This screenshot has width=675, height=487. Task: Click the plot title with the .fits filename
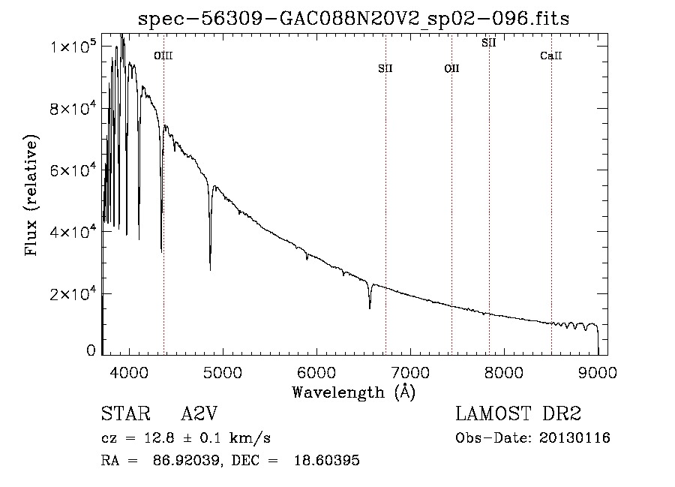coord(353,19)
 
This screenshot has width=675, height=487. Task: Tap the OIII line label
coord(163,56)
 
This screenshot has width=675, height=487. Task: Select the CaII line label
coord(551,56)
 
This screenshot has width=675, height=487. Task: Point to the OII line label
coord(452,68)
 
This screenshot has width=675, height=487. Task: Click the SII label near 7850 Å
coord(489,43)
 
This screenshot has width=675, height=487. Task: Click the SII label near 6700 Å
coord(385,68)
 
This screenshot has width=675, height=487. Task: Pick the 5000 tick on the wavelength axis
coord(223,372)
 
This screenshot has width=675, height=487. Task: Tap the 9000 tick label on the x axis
coord(598,372)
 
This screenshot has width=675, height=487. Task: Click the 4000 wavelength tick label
coord(129,372)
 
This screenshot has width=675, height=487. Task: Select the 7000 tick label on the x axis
coord(410,372)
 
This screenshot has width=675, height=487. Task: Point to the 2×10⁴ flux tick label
coord(72,293)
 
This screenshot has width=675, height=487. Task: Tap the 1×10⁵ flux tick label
coord(72,46)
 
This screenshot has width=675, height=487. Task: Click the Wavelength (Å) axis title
coord(354,392)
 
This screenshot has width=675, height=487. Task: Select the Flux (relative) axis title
coord(31,195)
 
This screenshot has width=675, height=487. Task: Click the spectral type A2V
coord(199,413)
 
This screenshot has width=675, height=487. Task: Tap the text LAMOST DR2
coord(518,413)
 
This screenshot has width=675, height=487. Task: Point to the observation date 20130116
coord(574,438)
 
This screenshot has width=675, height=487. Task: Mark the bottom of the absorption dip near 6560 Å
coord(370,308)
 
